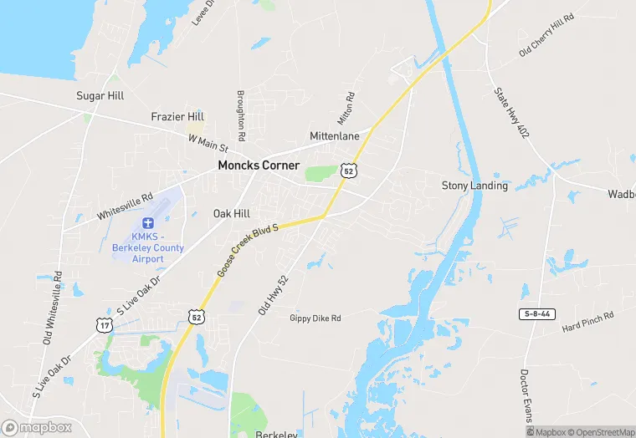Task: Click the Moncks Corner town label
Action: tap(259, 166)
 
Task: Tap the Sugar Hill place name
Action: tap(100, 96)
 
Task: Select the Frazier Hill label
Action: tap(177, 116)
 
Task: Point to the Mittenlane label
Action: tap(335, 135)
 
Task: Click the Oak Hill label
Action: tap(232, 214)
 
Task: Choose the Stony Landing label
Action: tap(474, 186)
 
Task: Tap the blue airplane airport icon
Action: tap(148, 223)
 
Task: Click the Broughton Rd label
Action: tap(241, 115)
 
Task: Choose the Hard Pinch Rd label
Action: tap(588, 320)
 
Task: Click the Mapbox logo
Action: tap(37, 427)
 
